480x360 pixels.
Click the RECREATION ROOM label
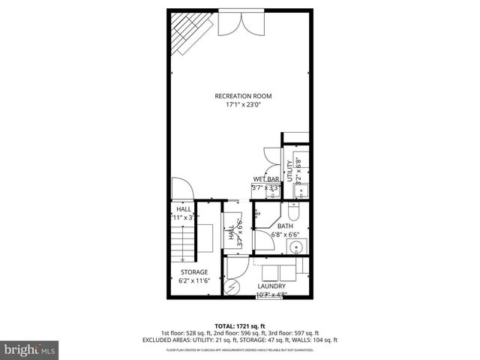[x=242, y=96]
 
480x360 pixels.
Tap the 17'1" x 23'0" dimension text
[x=242, y=105]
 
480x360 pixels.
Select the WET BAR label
[x=265, y=179]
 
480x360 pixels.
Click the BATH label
[x=285, y=225]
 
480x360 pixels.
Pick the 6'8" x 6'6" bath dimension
[x=285, y=234]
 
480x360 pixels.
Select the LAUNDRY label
[x=271, y=286]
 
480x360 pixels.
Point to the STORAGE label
[x=193, y=271]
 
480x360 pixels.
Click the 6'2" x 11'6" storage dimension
[x=193, y=280]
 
